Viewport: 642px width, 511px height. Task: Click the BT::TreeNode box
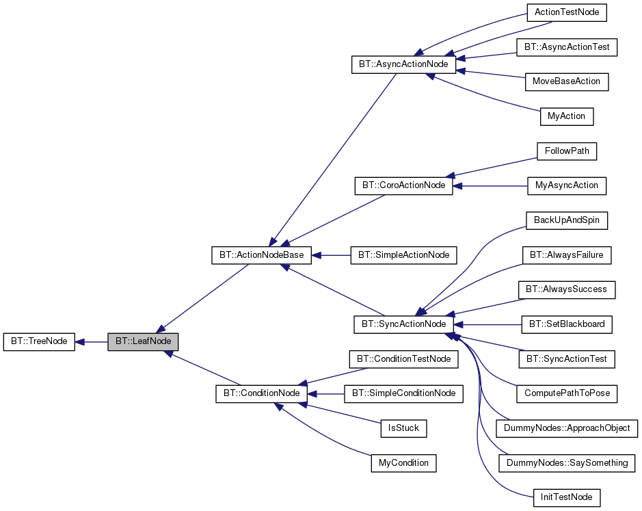[x=38, y=341]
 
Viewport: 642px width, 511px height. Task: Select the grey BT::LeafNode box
[x=143, y=341]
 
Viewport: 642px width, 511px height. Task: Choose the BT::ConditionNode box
[x=262, y=393]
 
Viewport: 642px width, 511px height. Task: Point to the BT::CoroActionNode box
[x=403, y=185]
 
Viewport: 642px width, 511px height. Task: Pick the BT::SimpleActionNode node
[x=403, y=255]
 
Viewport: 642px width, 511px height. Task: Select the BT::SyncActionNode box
[x=403, y=324]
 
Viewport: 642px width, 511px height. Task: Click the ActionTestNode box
[x=567, y=12]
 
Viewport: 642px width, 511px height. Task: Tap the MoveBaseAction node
[x=566, y=81]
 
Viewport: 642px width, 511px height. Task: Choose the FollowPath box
[x=567, y=151]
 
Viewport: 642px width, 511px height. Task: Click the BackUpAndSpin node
[x=566, y=220]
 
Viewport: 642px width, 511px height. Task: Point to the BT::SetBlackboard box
[x=566, y=324]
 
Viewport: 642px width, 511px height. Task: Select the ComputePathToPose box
[x=567, y=393]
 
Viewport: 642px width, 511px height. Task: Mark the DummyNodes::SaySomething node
[x=567, y=463]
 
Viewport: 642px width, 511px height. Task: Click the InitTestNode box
[x=566, y=497]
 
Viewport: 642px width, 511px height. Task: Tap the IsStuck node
[x=403, y=428]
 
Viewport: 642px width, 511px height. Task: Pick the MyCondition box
[x=403, y=463]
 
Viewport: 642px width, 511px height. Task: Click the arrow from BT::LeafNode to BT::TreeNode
[x=91, y=341]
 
